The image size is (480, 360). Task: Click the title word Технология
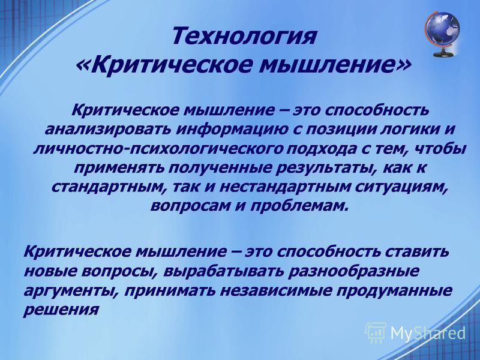244,36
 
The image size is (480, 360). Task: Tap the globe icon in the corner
443,34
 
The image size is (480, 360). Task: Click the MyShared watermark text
428,333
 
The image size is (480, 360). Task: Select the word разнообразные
353,272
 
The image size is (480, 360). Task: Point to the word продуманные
395,292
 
